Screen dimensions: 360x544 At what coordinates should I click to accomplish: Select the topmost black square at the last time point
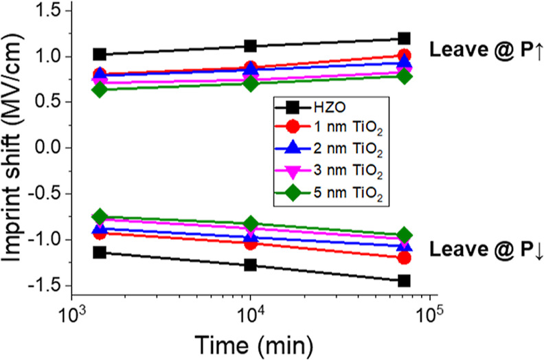pyautogui.click(x=405, y=38)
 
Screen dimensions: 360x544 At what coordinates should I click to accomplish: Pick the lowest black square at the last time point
pyautogui.click(x=405, y=281)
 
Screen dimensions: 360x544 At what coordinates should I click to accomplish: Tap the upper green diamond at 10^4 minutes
pyautogui.click(x=251, y=83)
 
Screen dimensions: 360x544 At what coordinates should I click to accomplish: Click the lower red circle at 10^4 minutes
pyautogui.click(x=251, y=243)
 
